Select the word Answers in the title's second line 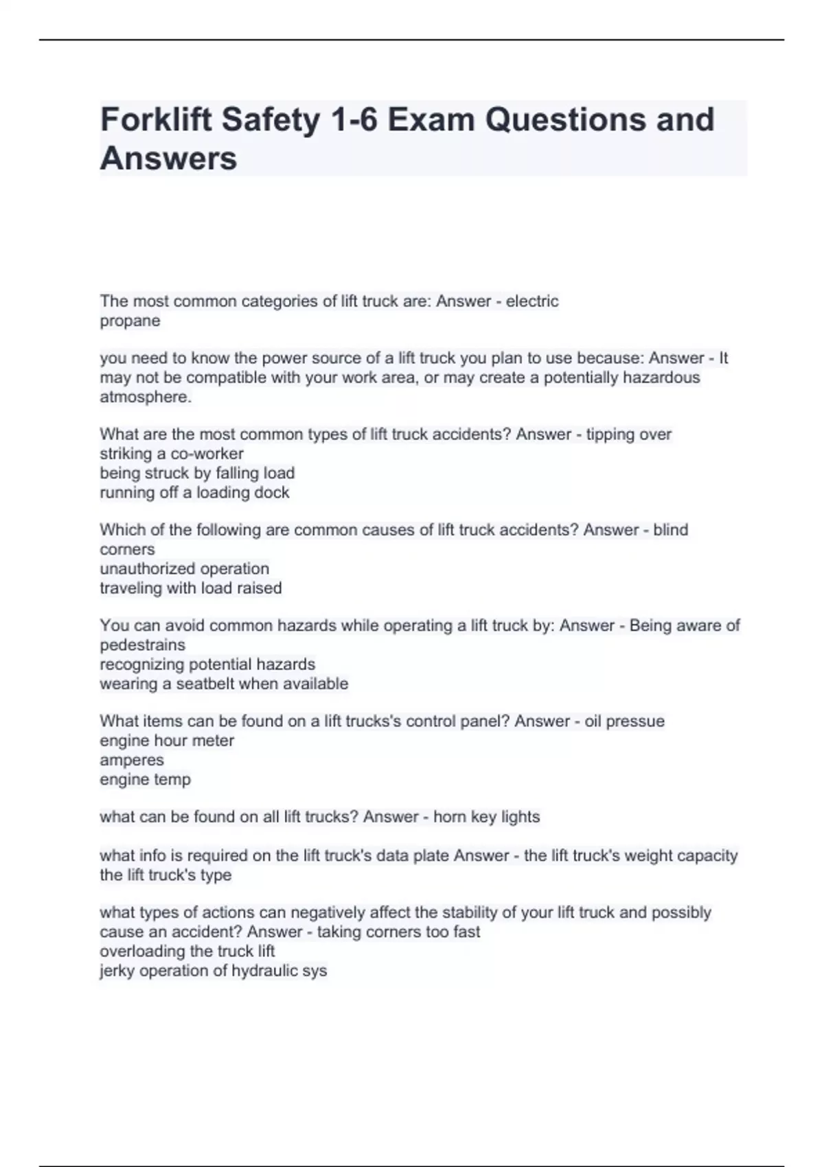tap(168, 158)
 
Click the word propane tap(130, 321)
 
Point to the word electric tap(532, 301)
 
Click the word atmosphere tap(145, 397)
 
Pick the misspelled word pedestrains tap(142, 645)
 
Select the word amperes tap(132, 760)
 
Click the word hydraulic tap(260, 971)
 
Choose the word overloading tap(142, 951)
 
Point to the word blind tap(670, 530)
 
